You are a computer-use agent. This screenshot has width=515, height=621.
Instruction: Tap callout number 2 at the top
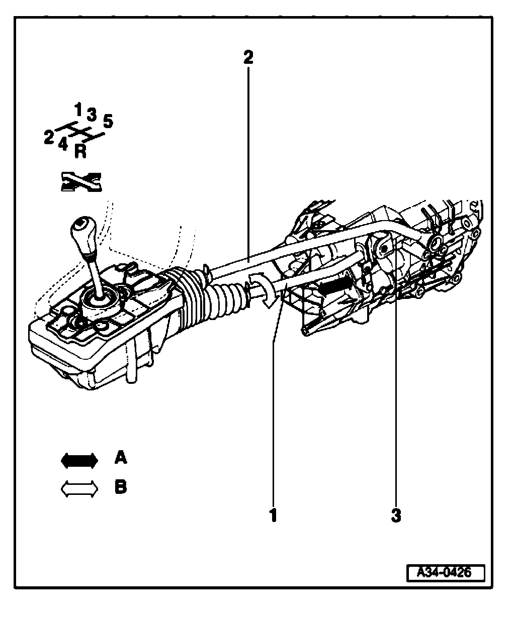248,57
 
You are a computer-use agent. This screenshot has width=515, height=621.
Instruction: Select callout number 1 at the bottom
273,515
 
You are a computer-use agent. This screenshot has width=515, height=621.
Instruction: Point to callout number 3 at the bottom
396,515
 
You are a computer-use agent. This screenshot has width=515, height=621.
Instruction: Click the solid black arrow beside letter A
79,460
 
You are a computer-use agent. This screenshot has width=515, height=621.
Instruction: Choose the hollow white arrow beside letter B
79,489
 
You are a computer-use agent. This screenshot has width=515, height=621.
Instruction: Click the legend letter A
121,458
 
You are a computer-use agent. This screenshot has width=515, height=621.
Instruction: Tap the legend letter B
121,487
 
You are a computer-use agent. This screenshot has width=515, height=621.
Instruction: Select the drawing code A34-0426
446,573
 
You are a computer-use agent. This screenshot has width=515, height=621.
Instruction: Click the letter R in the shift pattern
80,151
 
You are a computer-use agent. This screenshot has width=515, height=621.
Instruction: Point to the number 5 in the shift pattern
108,121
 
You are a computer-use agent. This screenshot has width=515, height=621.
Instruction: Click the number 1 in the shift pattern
78,108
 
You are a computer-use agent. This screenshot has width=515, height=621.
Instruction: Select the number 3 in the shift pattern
91,115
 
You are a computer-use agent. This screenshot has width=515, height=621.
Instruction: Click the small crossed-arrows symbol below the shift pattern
80,182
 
